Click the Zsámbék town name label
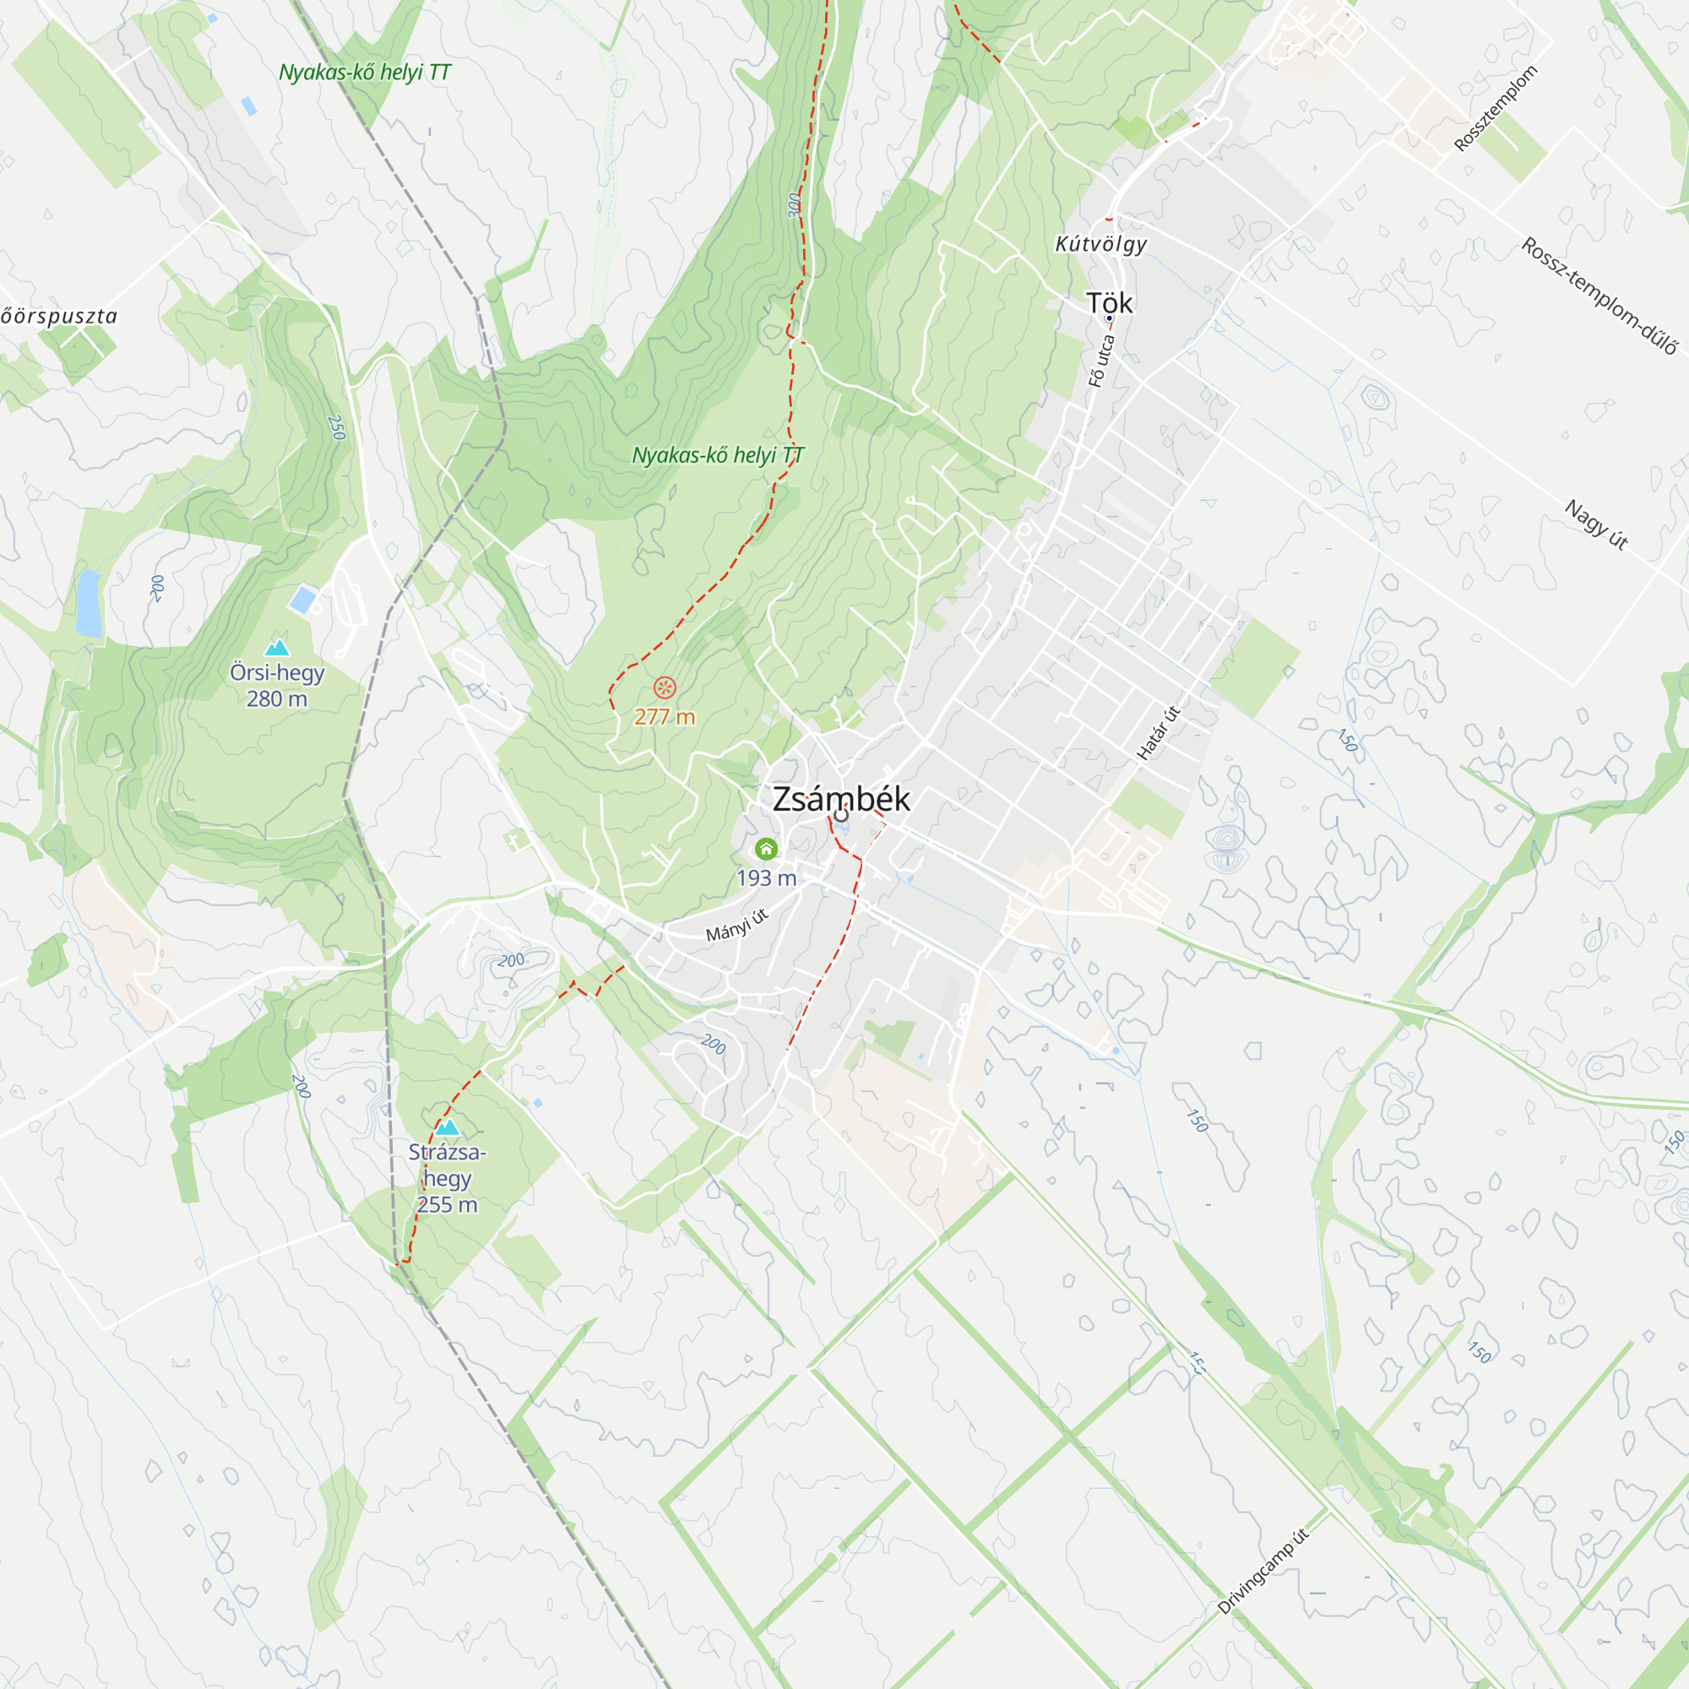coord(841,799)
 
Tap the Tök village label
coord(1110,303)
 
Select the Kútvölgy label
coord(1100,244)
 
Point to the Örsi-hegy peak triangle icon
coord(277,648)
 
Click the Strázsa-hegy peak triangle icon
coord(448,1127)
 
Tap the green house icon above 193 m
coord(767,849)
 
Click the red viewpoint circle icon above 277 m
coord(665,687)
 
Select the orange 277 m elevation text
coord(665,717)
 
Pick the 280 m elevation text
coord(277,699)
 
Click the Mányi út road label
coord(737,925)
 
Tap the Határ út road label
coord(1159,732)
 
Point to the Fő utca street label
coord(1101,361)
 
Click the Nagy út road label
coord(1595,524)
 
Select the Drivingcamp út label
coord(1263,1570)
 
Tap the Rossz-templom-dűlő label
coord(1599,296)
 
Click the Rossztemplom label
coord(1495,108)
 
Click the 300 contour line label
coord(794,204)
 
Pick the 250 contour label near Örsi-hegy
coord(336,426)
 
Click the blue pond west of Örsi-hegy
coord(89,602)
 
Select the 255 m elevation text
coord(448,1205)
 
